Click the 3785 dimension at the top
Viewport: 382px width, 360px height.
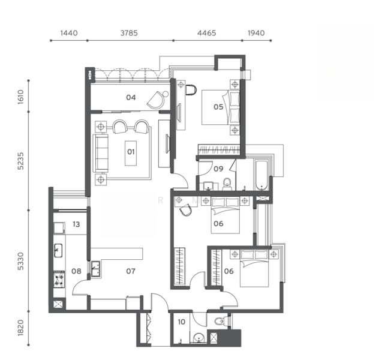[129, 33]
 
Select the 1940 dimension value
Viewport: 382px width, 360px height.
[256, 33]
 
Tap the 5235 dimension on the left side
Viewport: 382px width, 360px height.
[21, 161]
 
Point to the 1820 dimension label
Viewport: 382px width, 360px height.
[21, 328]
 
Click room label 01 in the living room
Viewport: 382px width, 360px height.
[131, 152]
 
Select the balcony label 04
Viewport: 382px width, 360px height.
[131, 97]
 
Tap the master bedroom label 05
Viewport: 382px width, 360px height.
[218, 107]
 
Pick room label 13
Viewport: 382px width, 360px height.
[76, 224]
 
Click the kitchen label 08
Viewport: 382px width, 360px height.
[76, 271]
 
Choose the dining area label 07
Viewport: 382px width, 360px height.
[131, 271]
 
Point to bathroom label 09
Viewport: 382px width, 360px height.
[218, 169]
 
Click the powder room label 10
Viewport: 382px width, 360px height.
[182, 322]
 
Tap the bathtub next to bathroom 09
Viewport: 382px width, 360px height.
[261, 175]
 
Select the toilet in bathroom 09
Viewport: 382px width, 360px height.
[227, 184]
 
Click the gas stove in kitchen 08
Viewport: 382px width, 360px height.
[59, 280]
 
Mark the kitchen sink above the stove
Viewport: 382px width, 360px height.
[58, 250]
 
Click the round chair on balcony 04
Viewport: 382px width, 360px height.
[157, 100]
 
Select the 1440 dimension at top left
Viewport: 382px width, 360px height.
[69, 33]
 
